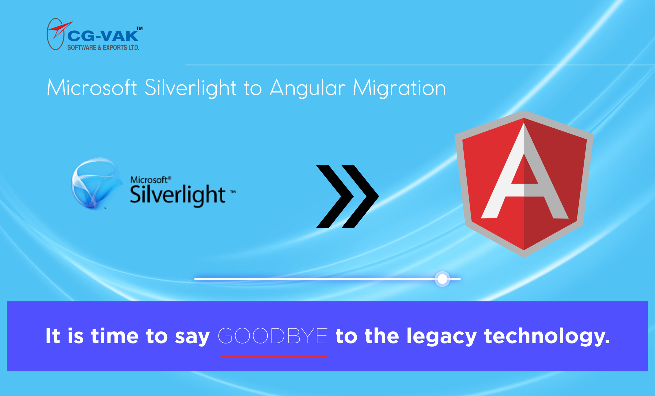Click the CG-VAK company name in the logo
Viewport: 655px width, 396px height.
[103, 36]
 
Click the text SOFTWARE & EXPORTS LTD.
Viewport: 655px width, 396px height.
[103, 48]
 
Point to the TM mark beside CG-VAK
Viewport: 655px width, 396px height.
[139, 28]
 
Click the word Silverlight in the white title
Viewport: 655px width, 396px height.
[190, 88]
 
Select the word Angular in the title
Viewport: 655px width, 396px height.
[308, 88]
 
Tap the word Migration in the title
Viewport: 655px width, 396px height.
[399, 88]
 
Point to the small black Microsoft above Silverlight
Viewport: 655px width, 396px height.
[149, 180]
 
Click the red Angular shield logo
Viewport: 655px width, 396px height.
[524, 184]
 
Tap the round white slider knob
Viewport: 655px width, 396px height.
[442, 279]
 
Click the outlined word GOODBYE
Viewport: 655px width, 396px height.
[273, 336]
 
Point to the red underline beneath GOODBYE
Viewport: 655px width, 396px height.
[274, 356]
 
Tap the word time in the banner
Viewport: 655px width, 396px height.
[115, 336]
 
